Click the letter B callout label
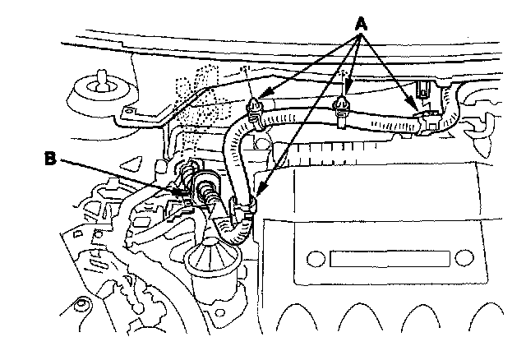51,159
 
